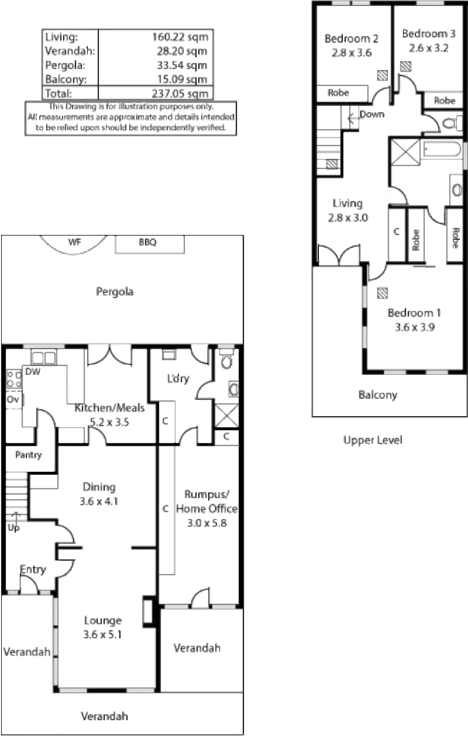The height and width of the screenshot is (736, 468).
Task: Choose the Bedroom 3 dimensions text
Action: point(425,49)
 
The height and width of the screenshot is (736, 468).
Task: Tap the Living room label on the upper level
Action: point(348,204)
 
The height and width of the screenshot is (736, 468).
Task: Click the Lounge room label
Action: point(102,620)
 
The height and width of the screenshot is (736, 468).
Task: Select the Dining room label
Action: point(99,487)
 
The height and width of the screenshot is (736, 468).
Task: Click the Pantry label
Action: point(29,454)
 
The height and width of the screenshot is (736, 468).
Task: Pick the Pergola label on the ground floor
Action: point(115,292)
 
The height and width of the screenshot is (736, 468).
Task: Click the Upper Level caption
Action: point(372,440)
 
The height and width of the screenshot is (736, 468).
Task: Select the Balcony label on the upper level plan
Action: point(377,396)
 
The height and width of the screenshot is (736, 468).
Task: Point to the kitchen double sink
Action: point(43,357)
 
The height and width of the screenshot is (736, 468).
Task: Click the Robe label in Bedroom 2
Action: point(339,93)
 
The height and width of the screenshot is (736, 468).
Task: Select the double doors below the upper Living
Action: point(339,253)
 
